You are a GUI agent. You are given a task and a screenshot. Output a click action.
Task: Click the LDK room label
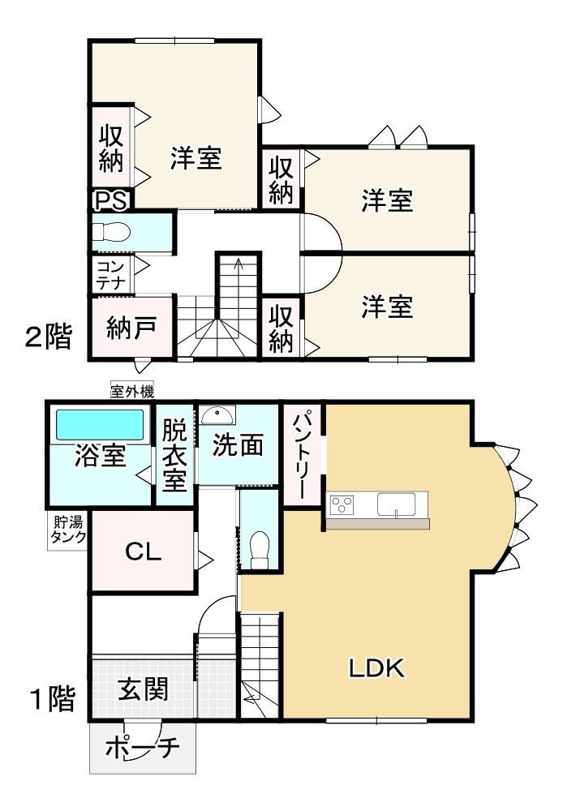click(376, 668)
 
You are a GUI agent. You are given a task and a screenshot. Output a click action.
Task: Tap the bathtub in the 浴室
click(99, 425)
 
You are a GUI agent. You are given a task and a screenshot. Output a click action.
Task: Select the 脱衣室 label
click(175, 455)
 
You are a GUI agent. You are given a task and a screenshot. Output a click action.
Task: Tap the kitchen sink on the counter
click(397, 504)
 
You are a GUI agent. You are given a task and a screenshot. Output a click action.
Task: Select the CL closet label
click(144, 551)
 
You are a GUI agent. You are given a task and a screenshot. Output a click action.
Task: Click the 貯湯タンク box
click(67, 530)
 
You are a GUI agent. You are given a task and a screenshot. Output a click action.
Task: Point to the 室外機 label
click(132, 392)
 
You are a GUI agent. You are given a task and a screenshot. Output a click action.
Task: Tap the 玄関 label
click(144, 689)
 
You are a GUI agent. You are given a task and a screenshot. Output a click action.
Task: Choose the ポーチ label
click(142, 748)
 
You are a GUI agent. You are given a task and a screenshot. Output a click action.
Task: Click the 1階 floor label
click(54, 699)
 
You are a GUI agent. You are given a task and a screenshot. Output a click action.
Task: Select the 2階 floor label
click(49, 337)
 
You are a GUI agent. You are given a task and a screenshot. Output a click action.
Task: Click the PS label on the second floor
click(111, 200)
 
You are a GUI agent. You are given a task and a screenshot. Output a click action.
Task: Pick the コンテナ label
click(111, 275)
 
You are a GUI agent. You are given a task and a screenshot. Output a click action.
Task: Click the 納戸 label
click(131, 327)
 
